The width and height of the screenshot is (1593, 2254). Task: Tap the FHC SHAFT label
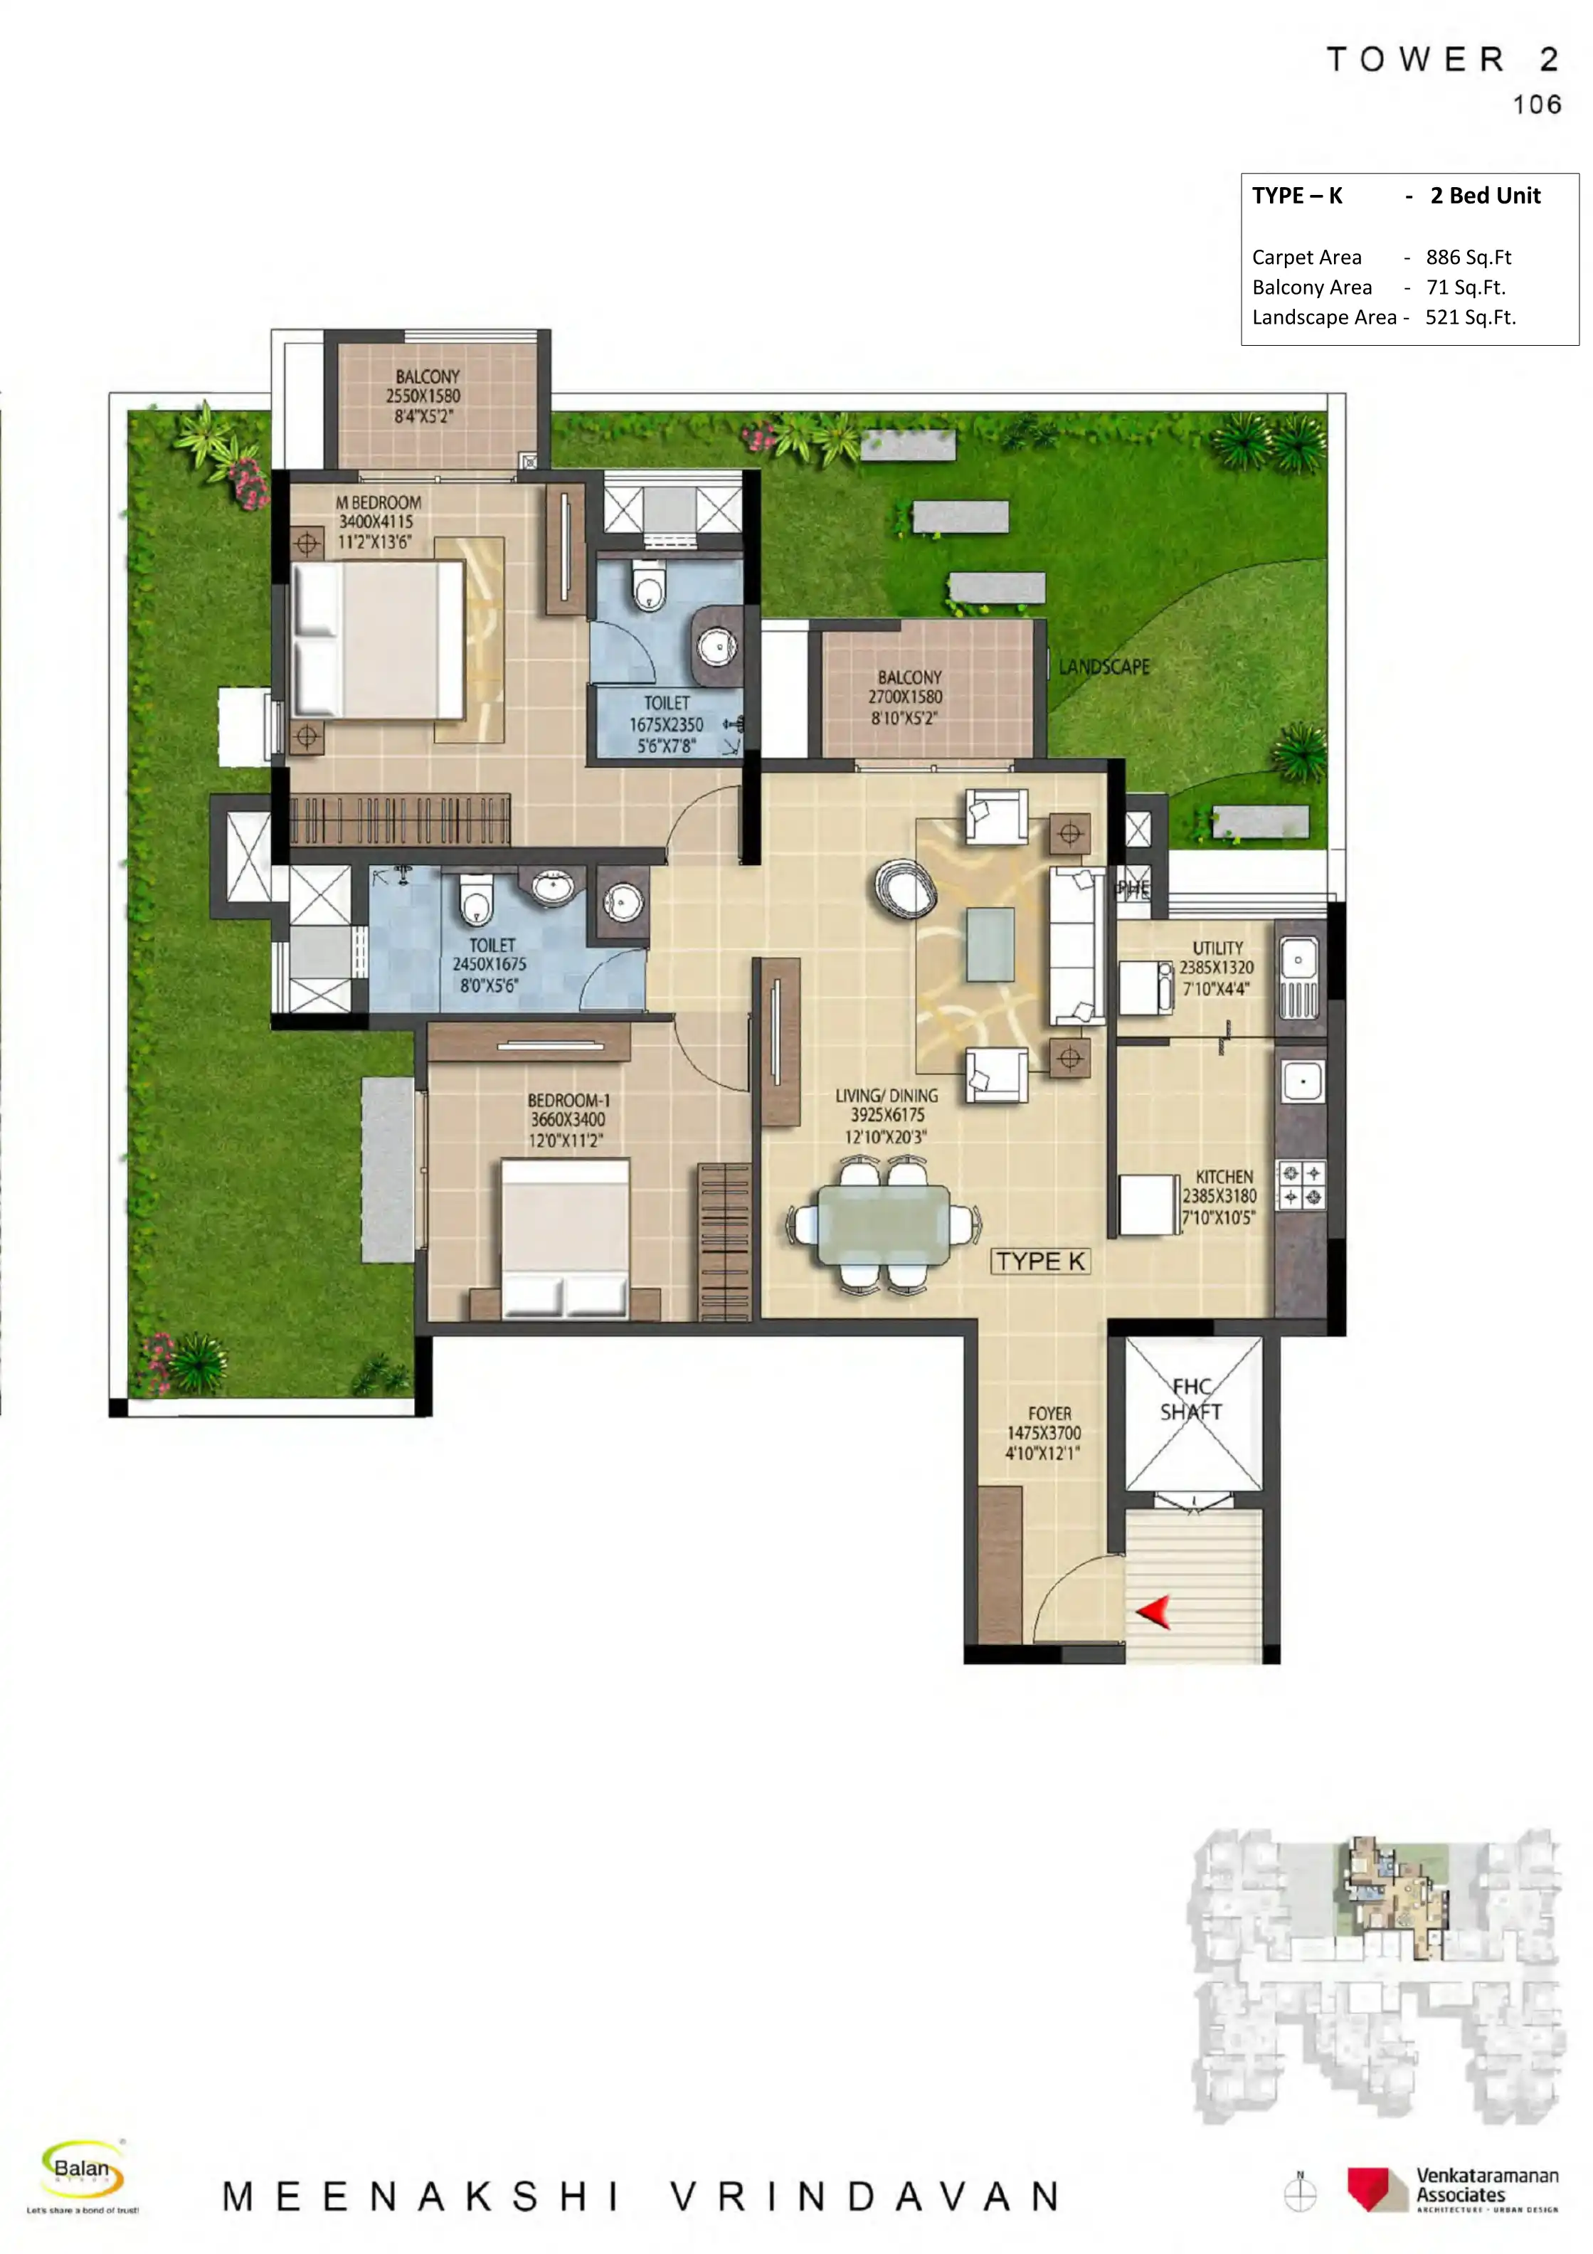(x=1192, y=1399)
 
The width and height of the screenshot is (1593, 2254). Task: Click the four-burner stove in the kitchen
(x=1301, y=1185)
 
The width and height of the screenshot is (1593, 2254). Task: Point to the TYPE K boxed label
(x=1040, y=1261)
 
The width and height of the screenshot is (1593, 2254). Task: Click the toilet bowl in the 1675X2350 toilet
(x=647, y=587)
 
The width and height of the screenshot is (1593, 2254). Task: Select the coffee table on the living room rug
(x=990, y=944)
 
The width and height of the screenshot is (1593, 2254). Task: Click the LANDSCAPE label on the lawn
(x=1104, y=667)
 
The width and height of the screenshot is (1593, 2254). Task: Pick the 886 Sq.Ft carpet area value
(x=1468, y=258)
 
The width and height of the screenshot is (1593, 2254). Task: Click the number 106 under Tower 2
(x=1536, y=105)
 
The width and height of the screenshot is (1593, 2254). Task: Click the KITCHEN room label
(x=1224, y=1176)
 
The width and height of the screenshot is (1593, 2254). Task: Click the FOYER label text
(x=1049, y=1413)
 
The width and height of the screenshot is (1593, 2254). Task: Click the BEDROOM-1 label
(x=568, y=1101)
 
